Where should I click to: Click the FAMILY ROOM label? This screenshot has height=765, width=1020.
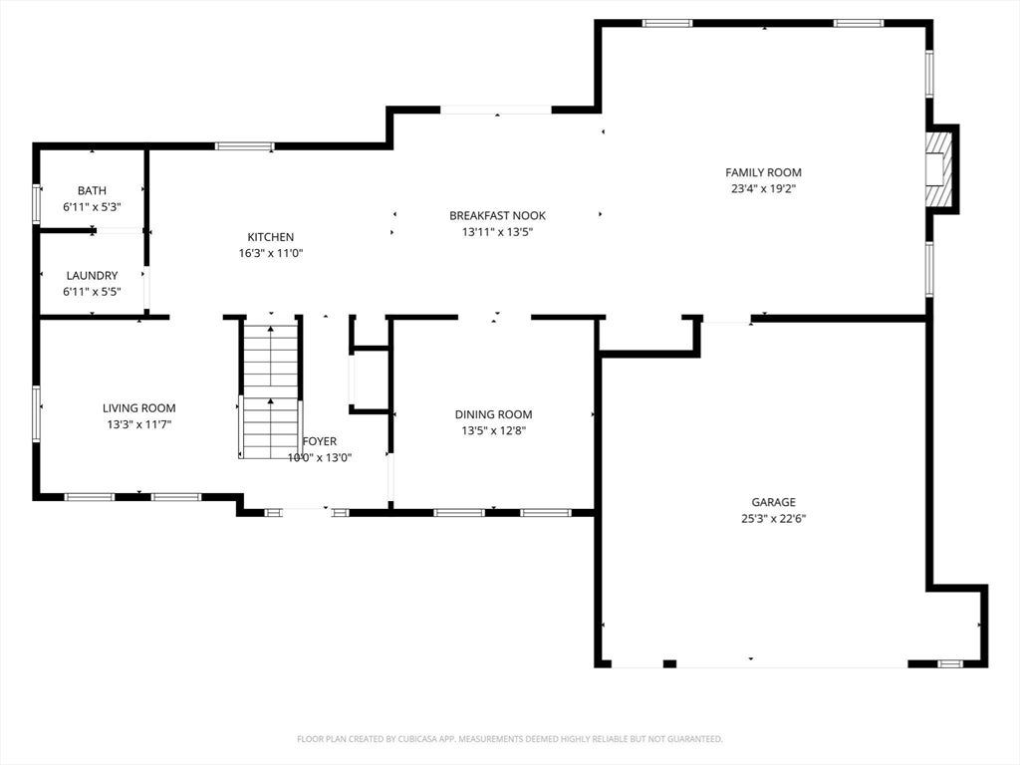click(763, 172)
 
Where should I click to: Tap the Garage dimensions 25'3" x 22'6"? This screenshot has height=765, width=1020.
click(773, 518)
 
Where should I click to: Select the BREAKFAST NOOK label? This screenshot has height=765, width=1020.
click(498, 215)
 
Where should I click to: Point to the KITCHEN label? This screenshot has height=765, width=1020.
click(271, 237)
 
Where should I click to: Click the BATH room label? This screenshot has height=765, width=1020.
click(92, 190)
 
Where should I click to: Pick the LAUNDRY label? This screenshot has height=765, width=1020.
click(92, 276)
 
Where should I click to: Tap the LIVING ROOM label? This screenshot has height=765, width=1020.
click(139, 407)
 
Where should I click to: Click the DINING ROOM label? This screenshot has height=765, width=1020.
click(494, 414)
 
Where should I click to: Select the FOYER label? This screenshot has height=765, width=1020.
click(320, 441)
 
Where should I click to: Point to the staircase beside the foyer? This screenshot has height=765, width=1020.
click(269, 388)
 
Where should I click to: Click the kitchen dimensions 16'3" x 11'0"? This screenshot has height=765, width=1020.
click(271, 253)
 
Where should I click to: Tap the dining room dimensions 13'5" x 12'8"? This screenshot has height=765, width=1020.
click(494, 430)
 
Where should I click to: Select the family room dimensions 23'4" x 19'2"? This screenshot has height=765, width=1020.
click(763, 189)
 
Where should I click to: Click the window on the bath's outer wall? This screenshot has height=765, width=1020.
click(37, 204)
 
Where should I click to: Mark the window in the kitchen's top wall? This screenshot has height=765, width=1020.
click(245, 145)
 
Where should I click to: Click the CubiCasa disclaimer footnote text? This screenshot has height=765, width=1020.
click(510, 739)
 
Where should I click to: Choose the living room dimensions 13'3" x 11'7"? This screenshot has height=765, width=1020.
click(139, 424)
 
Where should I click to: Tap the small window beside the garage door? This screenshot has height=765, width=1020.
click(950, 663)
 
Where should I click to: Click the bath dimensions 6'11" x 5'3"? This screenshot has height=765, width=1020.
click(92, 207)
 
